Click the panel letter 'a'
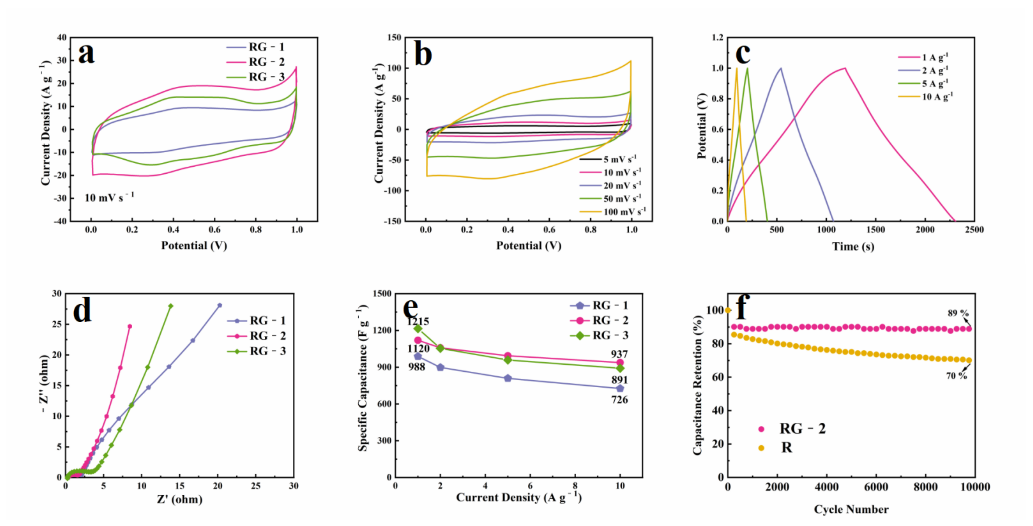[87, 54]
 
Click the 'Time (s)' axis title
[853, 246]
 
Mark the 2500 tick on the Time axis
[974, 230]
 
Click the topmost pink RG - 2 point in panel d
[130, 326]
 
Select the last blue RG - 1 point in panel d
[219, 305]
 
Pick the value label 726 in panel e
[620, 400]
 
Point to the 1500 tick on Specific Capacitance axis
[382, 294]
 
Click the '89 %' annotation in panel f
[958, 313]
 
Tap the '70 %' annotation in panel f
[956, 376]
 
